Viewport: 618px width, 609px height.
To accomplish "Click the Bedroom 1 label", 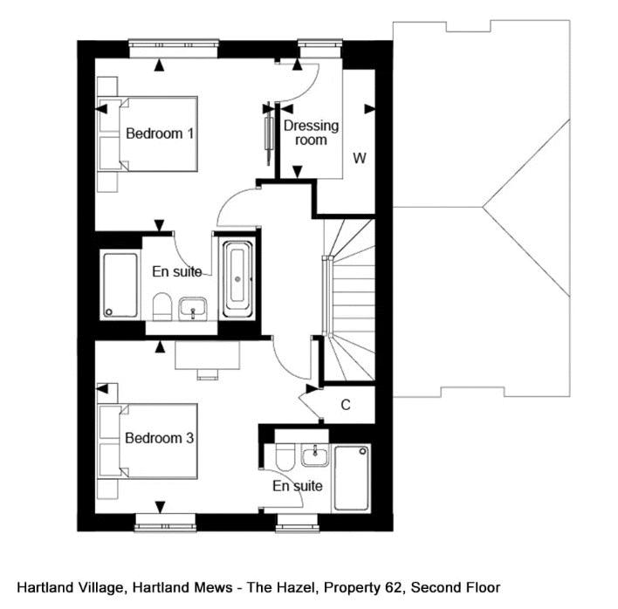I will (x=160, y=133).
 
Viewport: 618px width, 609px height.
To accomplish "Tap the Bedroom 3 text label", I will (x=159, y=438).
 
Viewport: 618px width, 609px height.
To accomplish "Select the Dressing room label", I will (x=311, y=133).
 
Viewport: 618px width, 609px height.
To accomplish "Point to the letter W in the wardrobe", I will (x=359, y=158).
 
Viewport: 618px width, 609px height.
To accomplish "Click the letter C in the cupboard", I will (x=346, y=405).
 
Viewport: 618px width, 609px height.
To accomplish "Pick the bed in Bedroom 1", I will (x=148, y=133).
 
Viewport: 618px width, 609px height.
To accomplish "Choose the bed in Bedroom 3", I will (x=148, y=440).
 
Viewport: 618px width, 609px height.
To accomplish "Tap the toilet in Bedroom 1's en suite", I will (x=160, y=305).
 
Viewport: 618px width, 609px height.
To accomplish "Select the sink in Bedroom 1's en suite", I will (x=193, y=307).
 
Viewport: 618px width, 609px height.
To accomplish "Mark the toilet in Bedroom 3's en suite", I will (x=281, y=459).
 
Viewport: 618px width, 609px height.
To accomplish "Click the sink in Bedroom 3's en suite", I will (x=313, y=455).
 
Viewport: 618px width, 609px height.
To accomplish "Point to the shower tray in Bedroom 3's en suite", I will (x=352, y=478).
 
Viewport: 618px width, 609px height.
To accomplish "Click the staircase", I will (x=349, y=297).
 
